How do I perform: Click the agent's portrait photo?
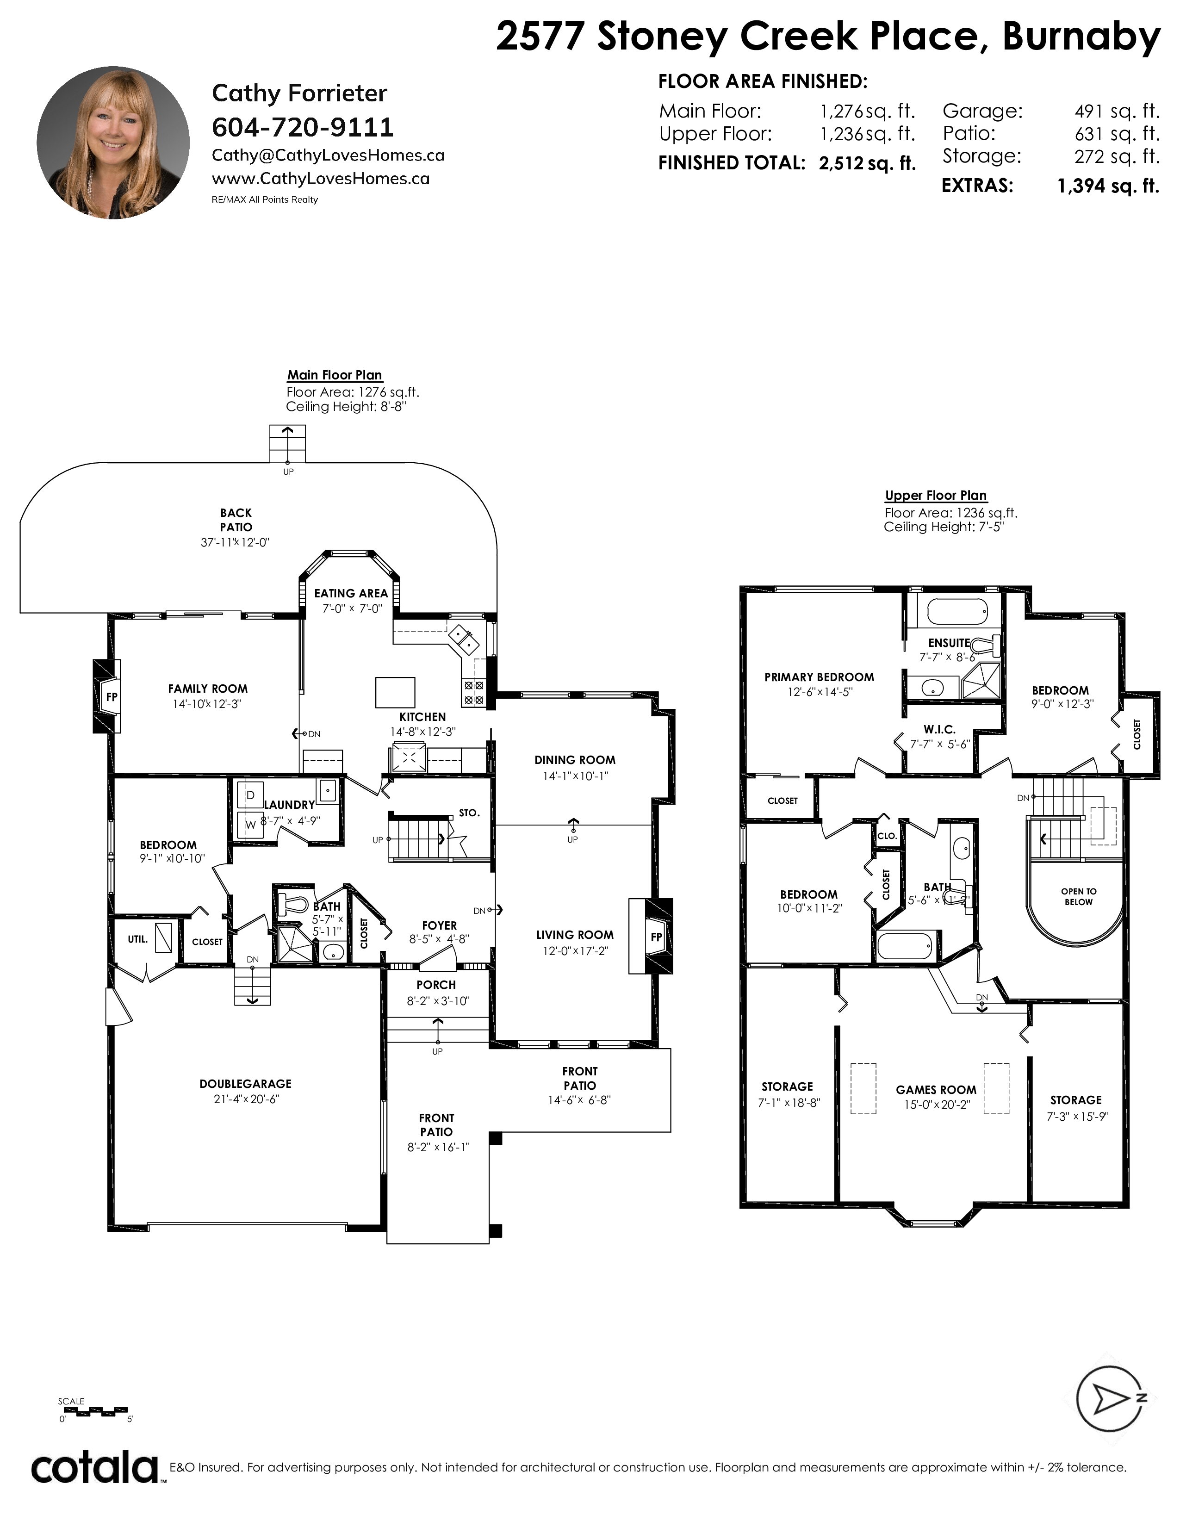[113, 143]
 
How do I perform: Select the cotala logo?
[95, 1468]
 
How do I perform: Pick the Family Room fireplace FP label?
[111, 696]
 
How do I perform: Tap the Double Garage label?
[245, 1084]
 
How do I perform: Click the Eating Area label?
[351, 593]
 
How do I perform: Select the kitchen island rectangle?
[395, 692]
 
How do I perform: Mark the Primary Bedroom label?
[819, 677]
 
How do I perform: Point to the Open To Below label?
[1079, 896]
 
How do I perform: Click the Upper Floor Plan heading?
[936, 495]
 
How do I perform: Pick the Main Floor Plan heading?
[335, 375]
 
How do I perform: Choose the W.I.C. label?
[939, 729]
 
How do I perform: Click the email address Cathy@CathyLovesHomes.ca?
[328, 155]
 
